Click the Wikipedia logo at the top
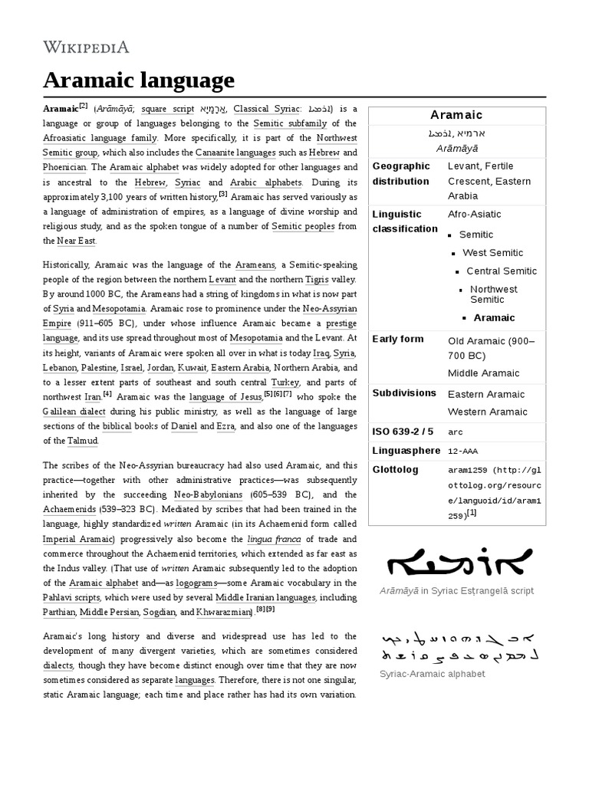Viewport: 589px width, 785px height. (x=86, y=48)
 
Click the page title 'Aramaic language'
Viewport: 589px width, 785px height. (x=138, y=80)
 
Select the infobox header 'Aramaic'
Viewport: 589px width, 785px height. (x=456, y=115)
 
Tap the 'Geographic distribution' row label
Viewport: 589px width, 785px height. (x=400, y=173)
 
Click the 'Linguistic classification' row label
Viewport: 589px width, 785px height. (x=405, y=222)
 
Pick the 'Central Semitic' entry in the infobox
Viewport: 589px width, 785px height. (x=502, y=271)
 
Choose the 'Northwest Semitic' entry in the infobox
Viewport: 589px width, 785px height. (x=494, y=294)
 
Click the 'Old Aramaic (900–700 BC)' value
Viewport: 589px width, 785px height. (x=491, y=347)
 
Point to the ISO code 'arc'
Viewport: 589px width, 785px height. (x=456, y=432)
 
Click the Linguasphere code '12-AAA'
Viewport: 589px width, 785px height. (x=466, y=450)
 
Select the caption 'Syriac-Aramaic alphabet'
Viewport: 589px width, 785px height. (x=433, y=674)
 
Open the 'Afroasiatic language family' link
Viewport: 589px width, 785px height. (x=100, y=138)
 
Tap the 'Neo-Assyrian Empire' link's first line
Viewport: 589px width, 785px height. (x=330, y=307)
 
